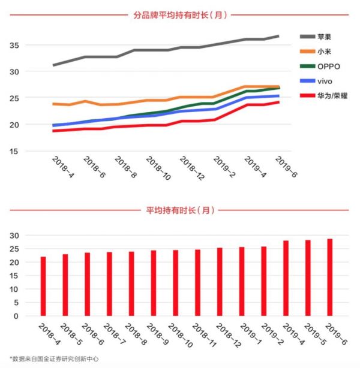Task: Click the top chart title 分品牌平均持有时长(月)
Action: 180,15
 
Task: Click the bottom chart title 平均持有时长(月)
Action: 180,210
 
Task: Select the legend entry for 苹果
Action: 325,37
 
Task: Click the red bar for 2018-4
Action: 43,286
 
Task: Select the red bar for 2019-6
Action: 329,277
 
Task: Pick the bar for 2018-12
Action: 220,281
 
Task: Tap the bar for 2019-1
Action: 242,280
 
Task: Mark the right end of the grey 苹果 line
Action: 278,37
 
